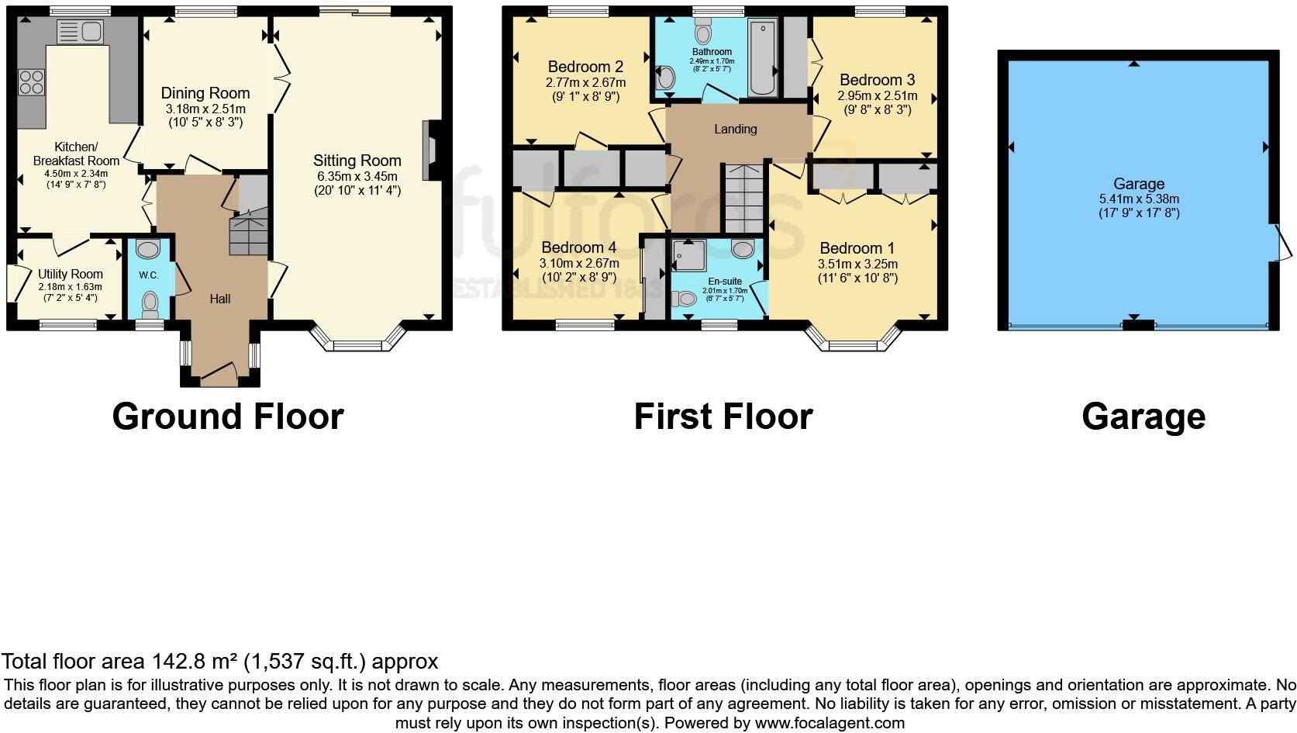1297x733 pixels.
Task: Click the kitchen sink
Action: point(81,32)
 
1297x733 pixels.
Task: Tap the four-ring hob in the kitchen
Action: point(32,81)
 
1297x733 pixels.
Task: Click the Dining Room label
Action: point(205,93)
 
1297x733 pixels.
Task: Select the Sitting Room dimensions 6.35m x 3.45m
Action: point(357,175)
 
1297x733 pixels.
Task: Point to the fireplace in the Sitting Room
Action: point(429,150)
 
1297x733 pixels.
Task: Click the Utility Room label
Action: point(70,274)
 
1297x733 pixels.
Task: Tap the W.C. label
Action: point(149,275)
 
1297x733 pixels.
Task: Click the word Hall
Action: point(219,299)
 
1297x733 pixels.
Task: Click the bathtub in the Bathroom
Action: point(761,59)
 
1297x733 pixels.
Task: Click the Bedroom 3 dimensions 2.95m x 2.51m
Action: point(877,96)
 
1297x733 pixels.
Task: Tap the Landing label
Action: point(735,129)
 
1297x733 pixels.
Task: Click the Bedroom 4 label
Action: point(578,247)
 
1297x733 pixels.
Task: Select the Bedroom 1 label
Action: point(857,248)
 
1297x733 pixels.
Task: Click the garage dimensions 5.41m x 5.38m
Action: point(1138,199)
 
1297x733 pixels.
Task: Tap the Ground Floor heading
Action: point(228,417)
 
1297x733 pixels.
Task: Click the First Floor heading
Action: point(723,417)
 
